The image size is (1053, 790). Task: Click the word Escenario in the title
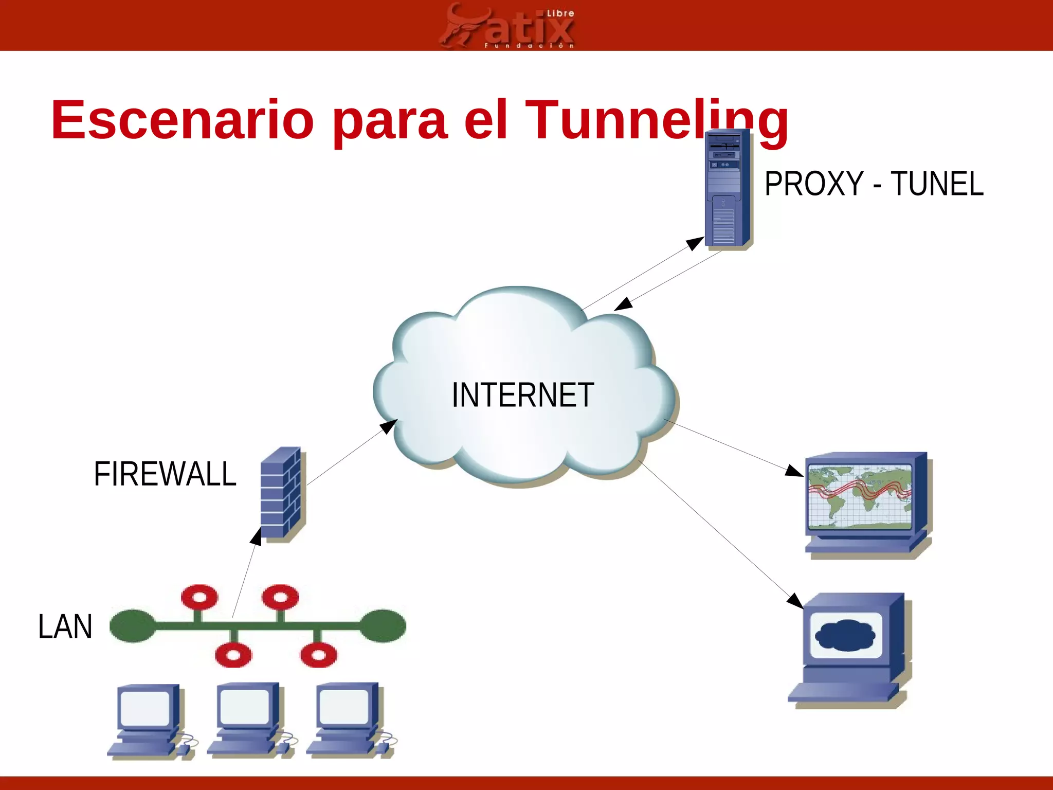tap(183, 120)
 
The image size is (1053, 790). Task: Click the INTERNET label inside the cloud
tap(522, 395)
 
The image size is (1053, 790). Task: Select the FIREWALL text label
tap(165, 474)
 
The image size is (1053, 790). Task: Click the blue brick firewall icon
tap(282, 494)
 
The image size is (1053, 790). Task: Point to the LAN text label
tap(65, 626)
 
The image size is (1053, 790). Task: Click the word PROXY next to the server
tap(813, 184)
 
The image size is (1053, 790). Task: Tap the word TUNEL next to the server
tap(937, 184)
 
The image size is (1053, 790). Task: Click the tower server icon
tap(727, 189)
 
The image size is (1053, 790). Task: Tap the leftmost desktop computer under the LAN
tap(147, 720)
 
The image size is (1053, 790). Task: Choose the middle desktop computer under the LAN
tap(247, 720)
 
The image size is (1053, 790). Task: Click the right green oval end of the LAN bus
tap(383, 625)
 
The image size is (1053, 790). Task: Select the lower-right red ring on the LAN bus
tap(318, 655)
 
